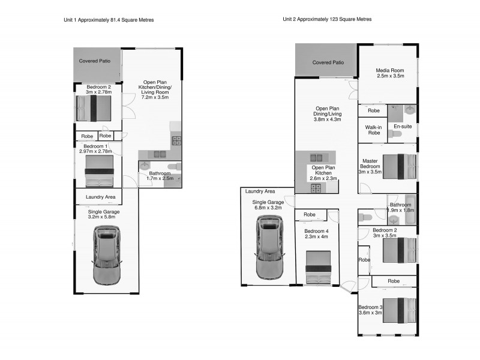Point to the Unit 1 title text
(109, 20)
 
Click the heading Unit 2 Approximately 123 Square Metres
(327, 19)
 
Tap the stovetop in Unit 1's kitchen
(177, 142)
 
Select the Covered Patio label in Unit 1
(94, 61)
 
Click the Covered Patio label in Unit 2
(328, 62)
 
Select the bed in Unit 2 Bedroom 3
(399, 312)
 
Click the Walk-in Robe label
(373, 130)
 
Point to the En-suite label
(402, 127)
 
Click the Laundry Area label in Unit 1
(100, 197)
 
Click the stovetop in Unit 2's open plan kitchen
(315, 188)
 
